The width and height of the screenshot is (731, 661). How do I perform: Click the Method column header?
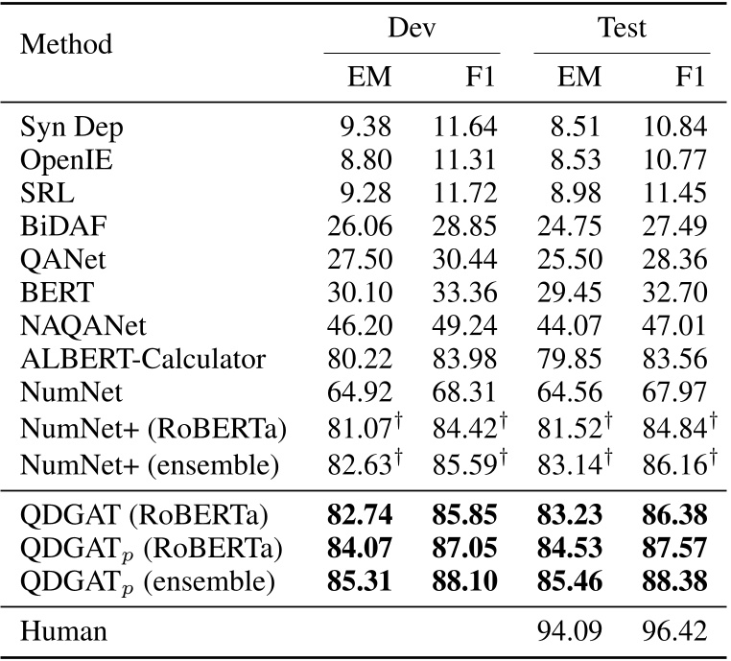coord(65,44)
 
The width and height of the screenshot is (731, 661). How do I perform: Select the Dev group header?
coord(412,28)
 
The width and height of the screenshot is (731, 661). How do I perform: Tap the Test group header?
coord(622,28)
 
